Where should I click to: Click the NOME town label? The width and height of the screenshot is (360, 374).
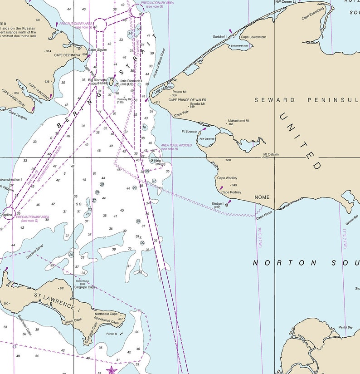coord(262,197)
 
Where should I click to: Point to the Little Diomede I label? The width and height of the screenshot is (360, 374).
coord(131,81)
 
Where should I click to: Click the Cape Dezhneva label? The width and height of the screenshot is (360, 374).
coord(67,55)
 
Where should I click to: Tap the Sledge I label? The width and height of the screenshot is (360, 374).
coord(217,203)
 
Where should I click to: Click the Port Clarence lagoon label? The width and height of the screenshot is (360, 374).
coord(206,139)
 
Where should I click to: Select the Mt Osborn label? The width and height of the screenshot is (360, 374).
coord(271,154)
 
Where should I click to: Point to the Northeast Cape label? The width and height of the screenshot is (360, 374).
coord(106,314)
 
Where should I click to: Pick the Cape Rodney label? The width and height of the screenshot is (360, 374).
coord(231,192)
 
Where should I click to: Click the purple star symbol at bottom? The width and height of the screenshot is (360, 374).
coord(111,370)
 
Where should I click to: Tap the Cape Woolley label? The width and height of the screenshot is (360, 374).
coord(227,178)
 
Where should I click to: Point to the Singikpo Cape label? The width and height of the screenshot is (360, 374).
coord(85,287)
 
